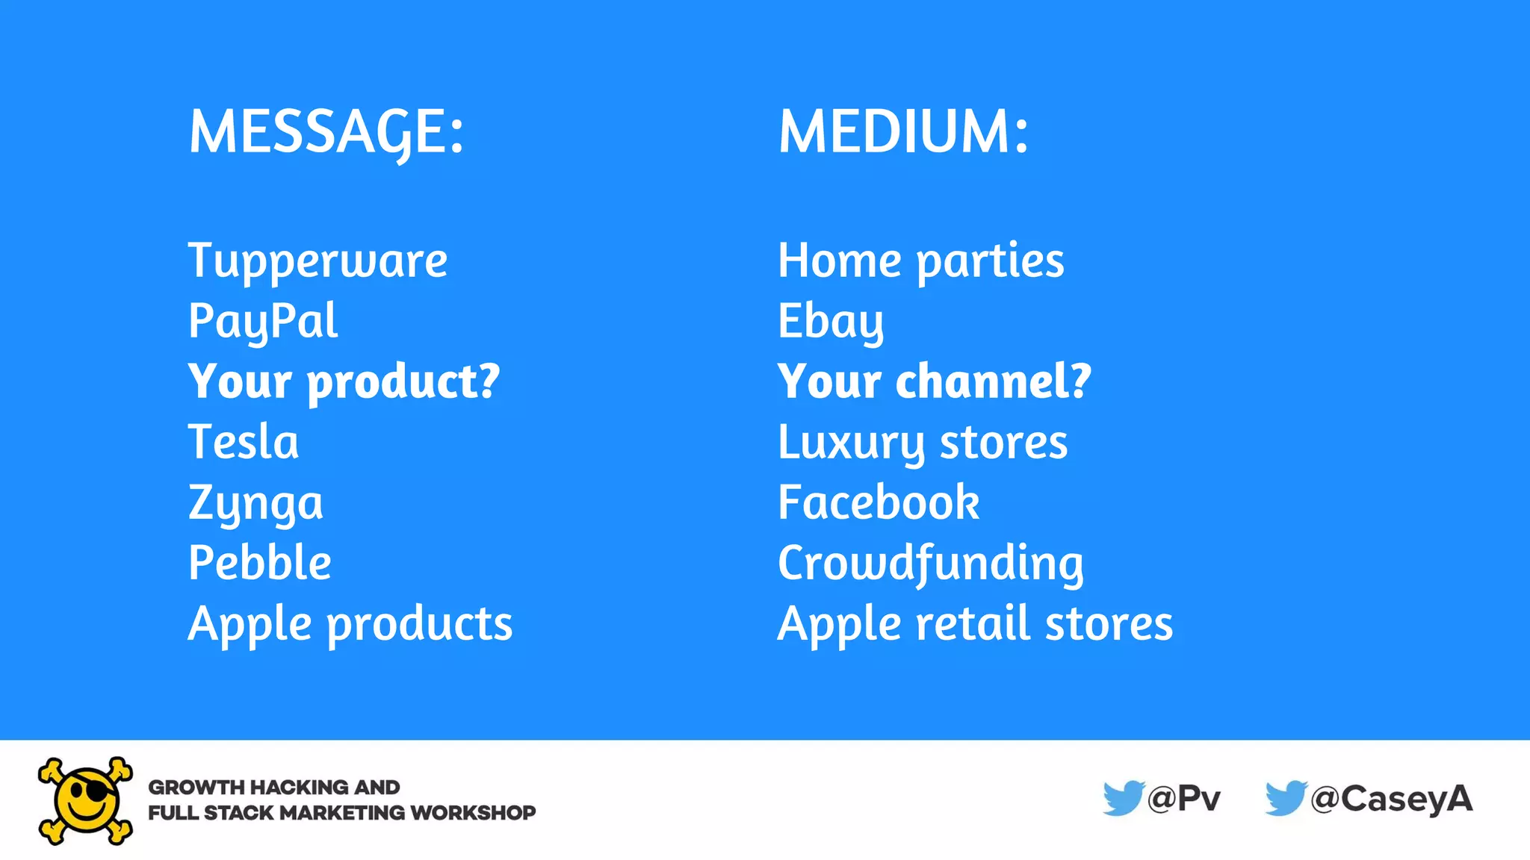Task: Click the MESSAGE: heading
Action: point(326,131)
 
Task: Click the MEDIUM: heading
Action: point(903,131)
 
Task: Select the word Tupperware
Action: point(318,261)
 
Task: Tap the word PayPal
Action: point(263,322)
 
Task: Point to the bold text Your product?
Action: point(344,381)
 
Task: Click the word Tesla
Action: point(244,442)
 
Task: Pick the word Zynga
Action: point(255,503)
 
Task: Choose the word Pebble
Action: point(260,563)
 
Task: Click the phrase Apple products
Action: point(350,624)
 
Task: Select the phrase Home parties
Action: point(921,261)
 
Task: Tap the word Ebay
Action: point(831,322)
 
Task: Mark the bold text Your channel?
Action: point(935,381)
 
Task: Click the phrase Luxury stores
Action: point(923,442)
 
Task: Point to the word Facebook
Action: point(879,502)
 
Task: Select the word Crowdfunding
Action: point(931,563)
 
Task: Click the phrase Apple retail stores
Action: point(975,624)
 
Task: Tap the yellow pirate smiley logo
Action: point(86,800)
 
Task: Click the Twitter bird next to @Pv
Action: point(1123,798)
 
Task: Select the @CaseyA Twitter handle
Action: point(1391,799)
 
